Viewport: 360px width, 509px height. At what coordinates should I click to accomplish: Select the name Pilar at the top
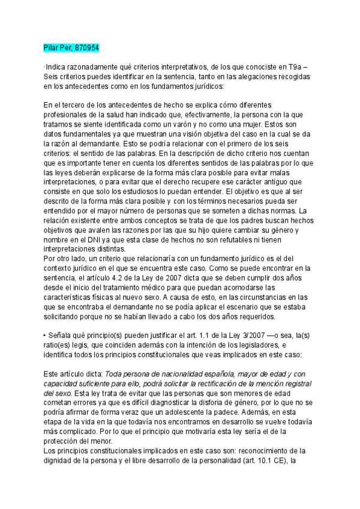(x=52, y=47)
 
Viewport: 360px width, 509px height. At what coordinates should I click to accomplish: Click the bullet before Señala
(x=46, y=329)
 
